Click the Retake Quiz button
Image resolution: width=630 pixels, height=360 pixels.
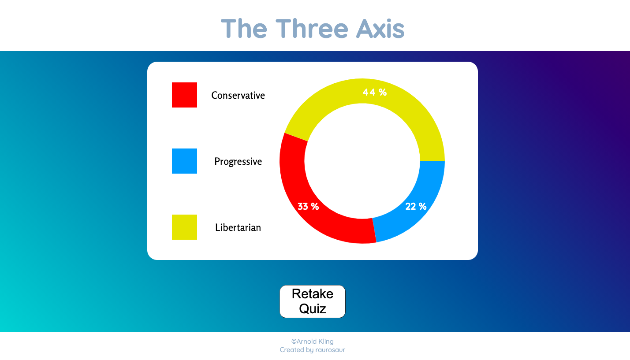coord(312,301)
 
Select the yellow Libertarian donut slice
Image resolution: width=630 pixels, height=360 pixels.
coord(410,110)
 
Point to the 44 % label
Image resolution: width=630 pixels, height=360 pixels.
coord(374,92)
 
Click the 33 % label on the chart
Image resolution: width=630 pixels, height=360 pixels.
coord(308,206)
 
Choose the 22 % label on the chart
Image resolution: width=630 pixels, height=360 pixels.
coord(416,206)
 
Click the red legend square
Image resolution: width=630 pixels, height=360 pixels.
coord(184,95)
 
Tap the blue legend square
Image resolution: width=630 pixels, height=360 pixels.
coord(184,161)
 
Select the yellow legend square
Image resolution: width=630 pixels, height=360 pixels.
coord(184,227)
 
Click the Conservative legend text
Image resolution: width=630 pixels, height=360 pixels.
coord(238,95)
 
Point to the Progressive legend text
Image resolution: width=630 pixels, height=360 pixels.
coord(238,161)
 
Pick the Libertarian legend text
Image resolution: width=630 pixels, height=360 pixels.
coord(238,227)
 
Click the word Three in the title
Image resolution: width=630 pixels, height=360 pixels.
coord(311,28)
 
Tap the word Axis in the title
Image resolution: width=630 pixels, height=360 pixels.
coord(380,28)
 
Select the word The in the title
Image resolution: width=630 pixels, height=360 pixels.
coord(244,28)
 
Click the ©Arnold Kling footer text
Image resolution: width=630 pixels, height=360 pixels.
coord(312,341)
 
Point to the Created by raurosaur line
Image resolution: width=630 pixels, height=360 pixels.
coord(312,350)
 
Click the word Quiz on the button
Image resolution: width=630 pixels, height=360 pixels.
coord(312,309)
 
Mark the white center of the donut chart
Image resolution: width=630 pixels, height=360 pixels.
coord(362,161)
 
